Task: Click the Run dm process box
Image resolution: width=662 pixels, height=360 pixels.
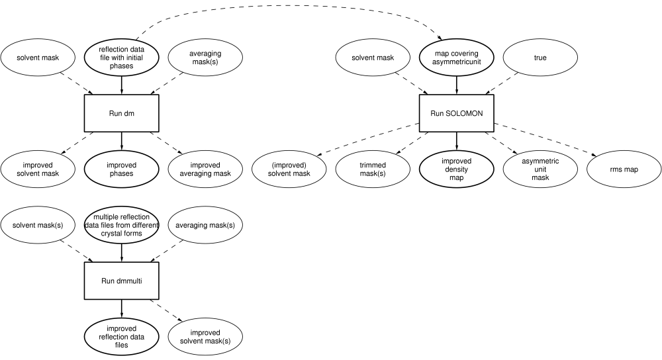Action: point(122,113)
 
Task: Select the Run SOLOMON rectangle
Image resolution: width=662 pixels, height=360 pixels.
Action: point(456,113)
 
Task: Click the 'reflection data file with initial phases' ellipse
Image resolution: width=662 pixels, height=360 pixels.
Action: point(122,57)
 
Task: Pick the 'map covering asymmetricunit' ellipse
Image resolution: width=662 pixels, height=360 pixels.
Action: point(456,57)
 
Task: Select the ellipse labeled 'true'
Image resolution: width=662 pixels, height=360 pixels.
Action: point(540,57)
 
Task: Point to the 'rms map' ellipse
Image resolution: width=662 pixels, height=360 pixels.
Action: point(623,169)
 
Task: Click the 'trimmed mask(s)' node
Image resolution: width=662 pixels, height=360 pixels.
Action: point(373,169)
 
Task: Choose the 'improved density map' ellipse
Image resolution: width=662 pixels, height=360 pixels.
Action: point(456,169)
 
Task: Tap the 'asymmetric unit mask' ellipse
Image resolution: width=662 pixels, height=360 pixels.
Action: point(540,169)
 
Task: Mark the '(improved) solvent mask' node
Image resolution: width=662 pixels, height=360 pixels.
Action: point(289,169)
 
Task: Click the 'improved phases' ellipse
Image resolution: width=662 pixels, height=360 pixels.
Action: point(122,169)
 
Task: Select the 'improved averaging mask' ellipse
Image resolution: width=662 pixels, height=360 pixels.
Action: point(205,169)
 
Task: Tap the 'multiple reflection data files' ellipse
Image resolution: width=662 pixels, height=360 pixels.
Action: point(122,226)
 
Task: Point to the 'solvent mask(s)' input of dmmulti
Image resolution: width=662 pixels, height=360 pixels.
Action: point(38,226)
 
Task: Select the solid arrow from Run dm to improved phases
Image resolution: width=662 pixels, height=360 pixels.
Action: point(122,140)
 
